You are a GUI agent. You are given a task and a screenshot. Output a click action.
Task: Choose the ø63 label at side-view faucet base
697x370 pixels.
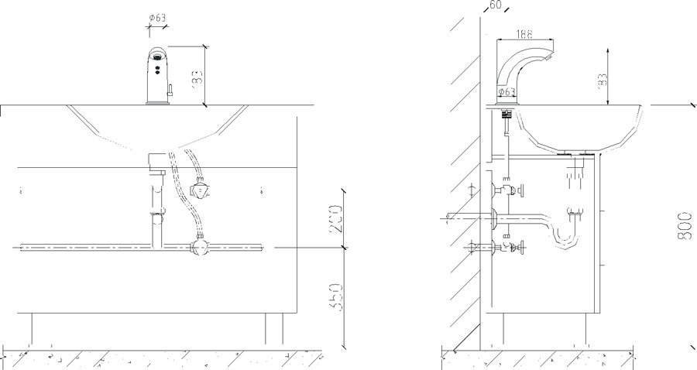pos(506,92)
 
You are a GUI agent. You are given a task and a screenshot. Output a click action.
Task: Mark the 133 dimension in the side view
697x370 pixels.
pos(602,77)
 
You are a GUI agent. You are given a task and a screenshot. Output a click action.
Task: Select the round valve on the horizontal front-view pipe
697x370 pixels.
pos(200,248)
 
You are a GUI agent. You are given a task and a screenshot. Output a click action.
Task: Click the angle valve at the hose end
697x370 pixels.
pos(201,189)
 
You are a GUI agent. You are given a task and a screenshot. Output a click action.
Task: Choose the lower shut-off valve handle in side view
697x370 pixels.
pos(520,248)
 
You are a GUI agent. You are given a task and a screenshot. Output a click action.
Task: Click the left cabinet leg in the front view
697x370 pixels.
pos(32,328)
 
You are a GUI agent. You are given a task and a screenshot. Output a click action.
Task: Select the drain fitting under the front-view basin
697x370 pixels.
pos(156,163)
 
